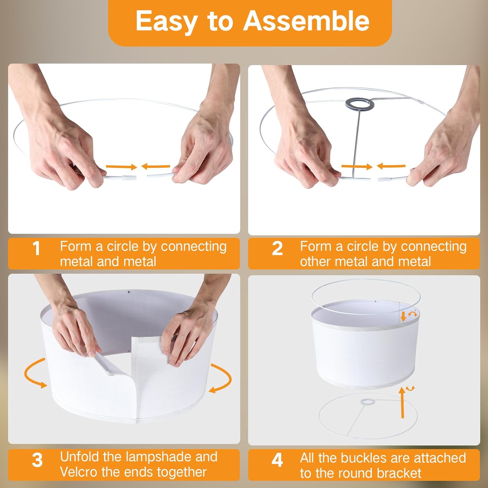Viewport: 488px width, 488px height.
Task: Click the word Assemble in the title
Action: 306,21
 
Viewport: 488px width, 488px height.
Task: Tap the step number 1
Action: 36,249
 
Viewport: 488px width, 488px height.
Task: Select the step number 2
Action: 277,249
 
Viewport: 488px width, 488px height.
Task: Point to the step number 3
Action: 37,460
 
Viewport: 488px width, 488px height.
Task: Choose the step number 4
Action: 277,460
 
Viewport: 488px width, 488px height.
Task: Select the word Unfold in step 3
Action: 79,457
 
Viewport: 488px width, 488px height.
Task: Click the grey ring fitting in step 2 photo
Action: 359,99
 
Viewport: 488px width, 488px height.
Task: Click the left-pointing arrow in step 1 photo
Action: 156,167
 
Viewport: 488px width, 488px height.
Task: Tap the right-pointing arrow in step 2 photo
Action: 357,167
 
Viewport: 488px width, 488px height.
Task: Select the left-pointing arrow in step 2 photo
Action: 391,166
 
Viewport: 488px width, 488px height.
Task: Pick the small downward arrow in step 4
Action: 403,317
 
